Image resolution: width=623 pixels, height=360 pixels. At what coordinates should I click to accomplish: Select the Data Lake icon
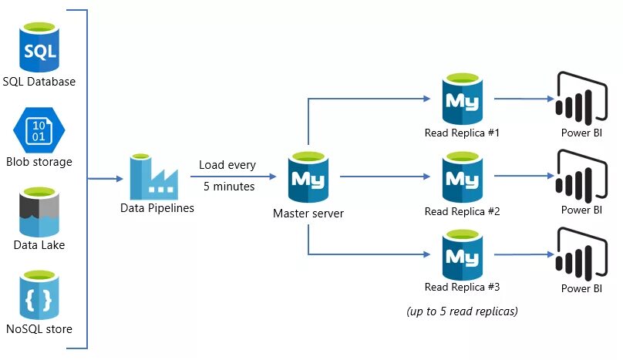(39, 213)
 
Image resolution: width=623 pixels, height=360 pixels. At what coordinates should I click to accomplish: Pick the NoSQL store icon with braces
(39, 297)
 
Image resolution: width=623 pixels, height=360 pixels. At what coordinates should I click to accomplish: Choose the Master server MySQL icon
(308, 178)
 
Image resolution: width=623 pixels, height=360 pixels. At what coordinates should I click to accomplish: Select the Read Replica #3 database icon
(463, 254)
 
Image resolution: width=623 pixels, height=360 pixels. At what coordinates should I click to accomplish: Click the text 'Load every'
(227, 165)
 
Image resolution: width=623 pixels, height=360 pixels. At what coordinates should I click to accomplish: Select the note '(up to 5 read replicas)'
(462, 311)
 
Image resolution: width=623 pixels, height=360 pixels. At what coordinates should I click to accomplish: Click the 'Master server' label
(308, 213)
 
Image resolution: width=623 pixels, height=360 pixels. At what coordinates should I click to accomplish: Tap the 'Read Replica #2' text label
(463, 211)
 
